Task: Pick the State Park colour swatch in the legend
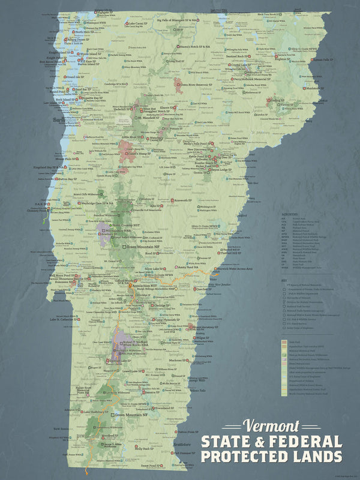click(x=284, y=341)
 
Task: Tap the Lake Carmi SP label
click(x=139, y=25)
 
